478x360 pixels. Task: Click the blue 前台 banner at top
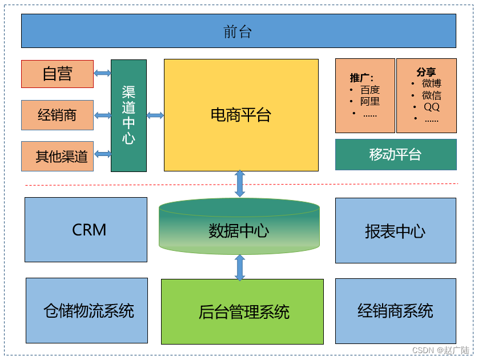[x=238, y=31]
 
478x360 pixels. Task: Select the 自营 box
[x=57, y=74]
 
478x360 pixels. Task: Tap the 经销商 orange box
[x=57, y=115]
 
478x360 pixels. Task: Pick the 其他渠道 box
[x=57, y=156]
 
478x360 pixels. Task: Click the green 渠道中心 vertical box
[x=128, y=115]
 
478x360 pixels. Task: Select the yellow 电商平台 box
[x=241, y=115]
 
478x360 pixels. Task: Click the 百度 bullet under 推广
[x=369, y=90]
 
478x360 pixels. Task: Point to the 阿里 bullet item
[x=369, y=102]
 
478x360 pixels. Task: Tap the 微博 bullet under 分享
[x=431, y=83]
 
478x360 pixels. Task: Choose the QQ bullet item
[x=431, y=107]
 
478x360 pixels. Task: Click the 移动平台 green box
[x=395, y=154]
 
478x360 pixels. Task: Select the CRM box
[x=86, y=230]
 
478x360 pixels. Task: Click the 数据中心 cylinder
[x=239, y=230]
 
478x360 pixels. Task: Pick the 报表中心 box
[x=395, y=231]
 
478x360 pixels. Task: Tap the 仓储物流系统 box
[x=87, y=310]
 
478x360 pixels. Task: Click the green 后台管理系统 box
[x=242, y=311]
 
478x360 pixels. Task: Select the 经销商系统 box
[x=395, y=311]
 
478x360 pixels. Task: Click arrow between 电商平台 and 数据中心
[x=240, y=183]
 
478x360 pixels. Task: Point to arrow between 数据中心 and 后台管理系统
[x=240, y=267]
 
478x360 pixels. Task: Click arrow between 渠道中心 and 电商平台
[x=155, y=115]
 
